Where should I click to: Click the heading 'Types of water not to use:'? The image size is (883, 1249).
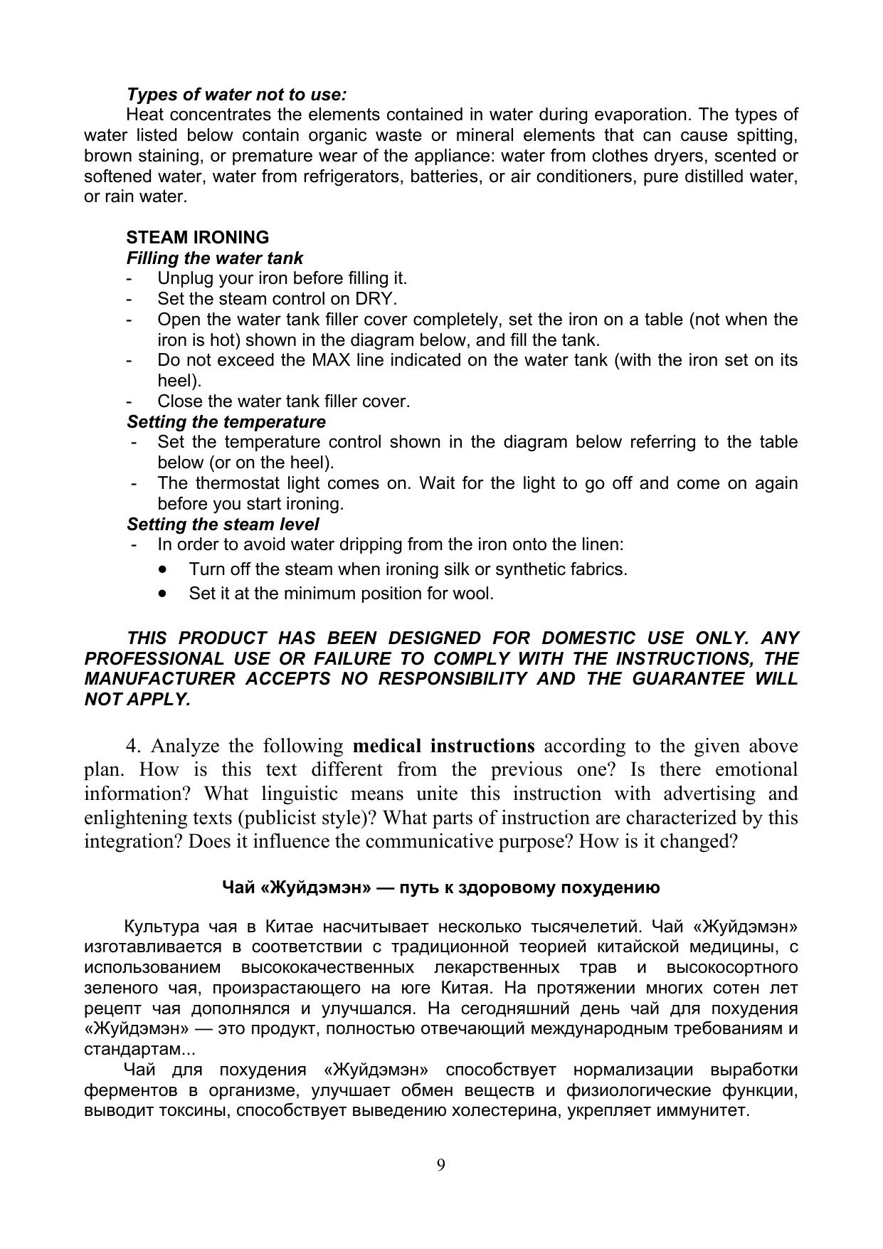pos(236,95)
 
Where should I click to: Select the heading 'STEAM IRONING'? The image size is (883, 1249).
pos(198,237)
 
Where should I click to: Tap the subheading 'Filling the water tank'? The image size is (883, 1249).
pos(214,258)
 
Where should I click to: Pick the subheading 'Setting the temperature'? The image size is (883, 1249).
pos(226,422)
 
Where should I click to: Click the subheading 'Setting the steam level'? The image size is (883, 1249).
pos(222,525)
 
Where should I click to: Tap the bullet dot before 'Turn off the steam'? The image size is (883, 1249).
pos(164,569)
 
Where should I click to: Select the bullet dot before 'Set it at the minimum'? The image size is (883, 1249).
pos(164,593)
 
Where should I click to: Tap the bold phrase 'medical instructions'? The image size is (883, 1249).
pos(443,746)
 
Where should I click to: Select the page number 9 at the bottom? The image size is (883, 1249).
pos(441,1165)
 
